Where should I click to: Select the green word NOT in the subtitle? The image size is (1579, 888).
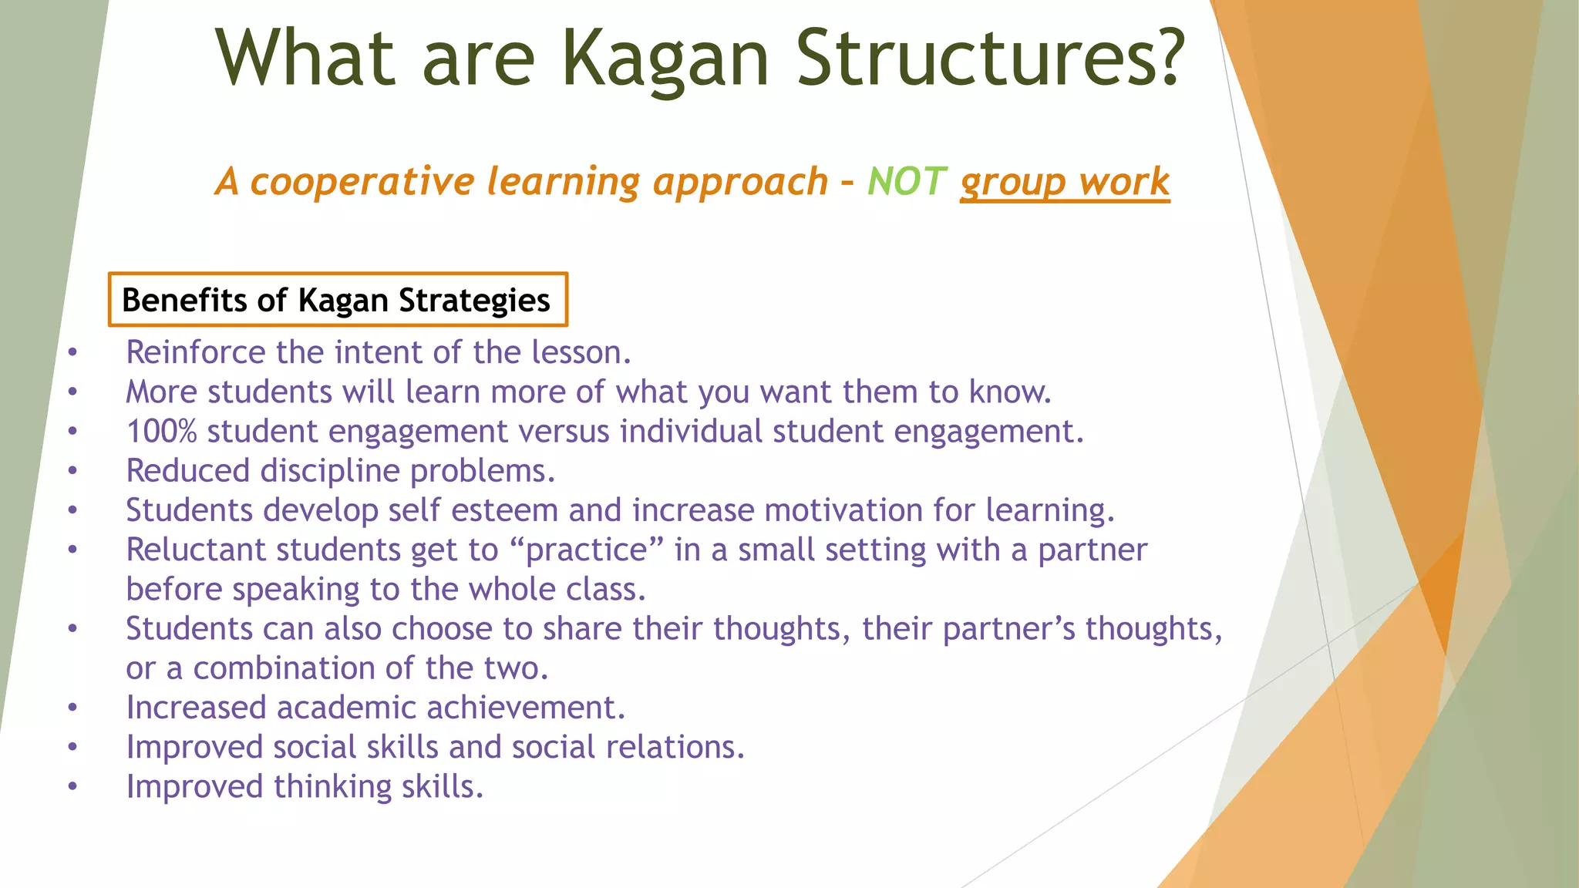click(906, 182)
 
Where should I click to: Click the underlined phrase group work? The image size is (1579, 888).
click(1064, 182)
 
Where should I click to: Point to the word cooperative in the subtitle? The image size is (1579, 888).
click(362, 182)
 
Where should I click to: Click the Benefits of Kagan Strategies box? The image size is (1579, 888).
click(337, 300)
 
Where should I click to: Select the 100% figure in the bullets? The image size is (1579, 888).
click(162, 432)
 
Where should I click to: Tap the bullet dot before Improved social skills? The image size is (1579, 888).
click(72, 748)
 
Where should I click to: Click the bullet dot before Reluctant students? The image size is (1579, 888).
click(72, 550)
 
